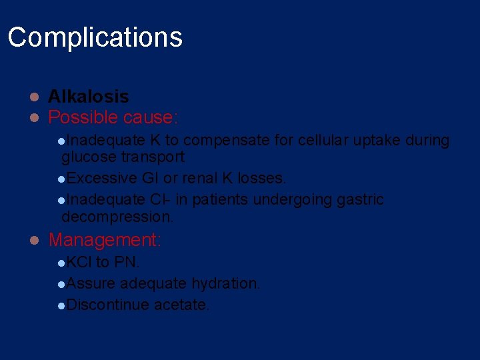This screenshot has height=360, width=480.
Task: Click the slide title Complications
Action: point(95,37)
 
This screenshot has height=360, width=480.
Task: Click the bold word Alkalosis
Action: point(88,97)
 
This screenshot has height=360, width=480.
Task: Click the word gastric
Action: point(359,199)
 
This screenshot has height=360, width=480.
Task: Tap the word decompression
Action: point(117,217)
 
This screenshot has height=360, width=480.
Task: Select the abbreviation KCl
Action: point(79,262)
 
